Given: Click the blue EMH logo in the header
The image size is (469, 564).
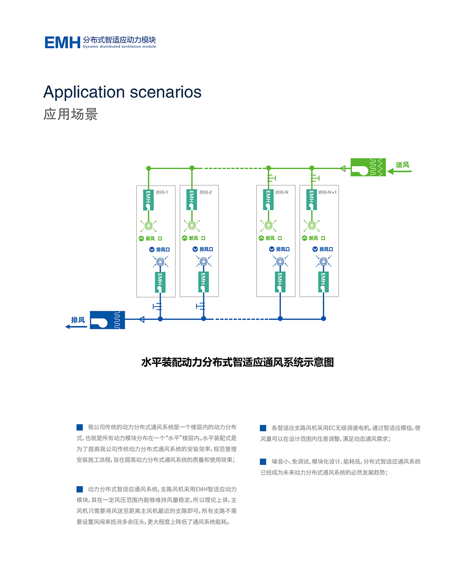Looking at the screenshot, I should (62, 42).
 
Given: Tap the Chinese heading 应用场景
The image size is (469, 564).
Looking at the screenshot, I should (70, 115).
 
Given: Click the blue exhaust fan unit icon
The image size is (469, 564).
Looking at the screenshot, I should (107, 320).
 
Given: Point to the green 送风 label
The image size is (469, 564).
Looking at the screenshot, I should (402, 165).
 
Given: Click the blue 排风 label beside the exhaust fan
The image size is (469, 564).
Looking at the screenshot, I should (78, 320).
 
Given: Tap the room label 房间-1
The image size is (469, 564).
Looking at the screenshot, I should (162, 192).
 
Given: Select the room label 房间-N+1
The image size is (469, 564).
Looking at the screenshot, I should (327, 192).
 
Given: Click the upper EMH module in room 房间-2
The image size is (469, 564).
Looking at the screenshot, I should (191, 199).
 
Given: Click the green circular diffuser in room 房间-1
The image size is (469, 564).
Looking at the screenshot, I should (149, 225).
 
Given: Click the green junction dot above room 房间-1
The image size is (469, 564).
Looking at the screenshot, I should (149, 168).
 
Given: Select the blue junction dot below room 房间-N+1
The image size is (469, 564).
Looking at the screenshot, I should (323, 319).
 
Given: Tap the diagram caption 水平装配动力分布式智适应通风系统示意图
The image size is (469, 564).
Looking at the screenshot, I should (237, 363).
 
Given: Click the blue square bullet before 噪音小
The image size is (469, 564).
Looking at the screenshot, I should (263, 462).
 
